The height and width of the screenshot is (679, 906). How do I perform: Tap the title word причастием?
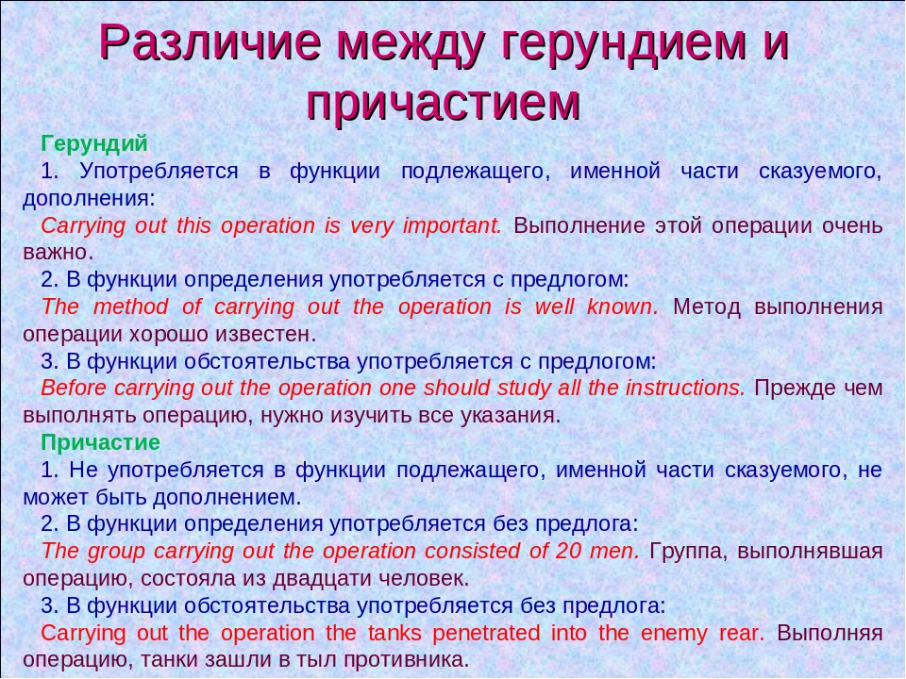pyautogui.click(x=444, y=101)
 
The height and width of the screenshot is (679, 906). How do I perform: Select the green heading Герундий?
pyautogui.click(x=94, y=144)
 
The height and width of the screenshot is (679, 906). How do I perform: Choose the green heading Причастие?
pyautogui.click(x=101, y=442)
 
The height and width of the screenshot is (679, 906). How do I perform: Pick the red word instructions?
pyautogui.click(x=691, y=389)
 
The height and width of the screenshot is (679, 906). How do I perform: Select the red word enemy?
pyautogui.click(x=673, y=633)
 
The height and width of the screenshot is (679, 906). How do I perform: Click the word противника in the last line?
pyautogui.click(x=406, y=659)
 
